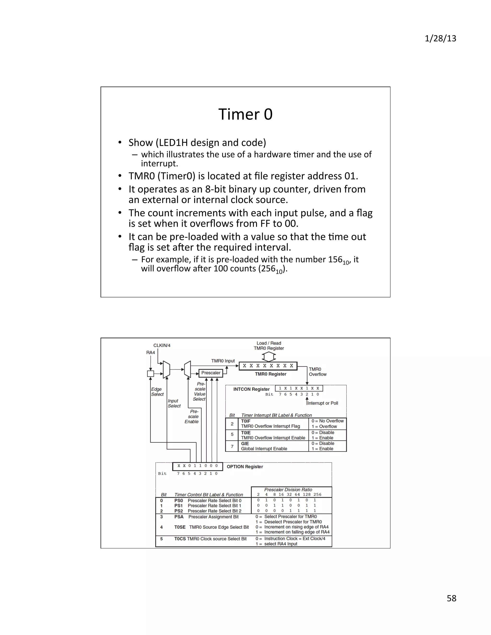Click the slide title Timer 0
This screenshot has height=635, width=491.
click(x=245, y=114)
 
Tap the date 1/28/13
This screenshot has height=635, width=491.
click(x=440, y=38)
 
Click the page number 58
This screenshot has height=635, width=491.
click(x=451, y=598)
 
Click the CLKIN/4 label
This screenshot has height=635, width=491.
click(x=162, y=345)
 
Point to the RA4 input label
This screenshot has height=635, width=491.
click(x=150, y=352)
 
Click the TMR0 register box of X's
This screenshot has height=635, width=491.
click(x=268, y=366)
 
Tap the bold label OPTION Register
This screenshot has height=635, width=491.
click(x=245, y=467)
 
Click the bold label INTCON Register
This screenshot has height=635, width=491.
click(x=251, y=389)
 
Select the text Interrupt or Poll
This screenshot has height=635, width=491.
click(x=323, y=403)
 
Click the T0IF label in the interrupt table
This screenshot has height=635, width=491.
click(x=245, y=421)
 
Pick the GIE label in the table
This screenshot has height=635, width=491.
click(x=245, y=443)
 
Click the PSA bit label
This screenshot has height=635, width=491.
click(x=179, y=517)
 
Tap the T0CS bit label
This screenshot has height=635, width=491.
click(x=180, y=539)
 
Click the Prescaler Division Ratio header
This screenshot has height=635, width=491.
click(x=288, y=490)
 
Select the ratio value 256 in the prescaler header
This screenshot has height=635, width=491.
click(x=317, y=495)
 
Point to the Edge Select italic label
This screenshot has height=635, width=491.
click(x=157, y=392)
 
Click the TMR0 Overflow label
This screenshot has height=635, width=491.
click(x=317, y=372)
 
